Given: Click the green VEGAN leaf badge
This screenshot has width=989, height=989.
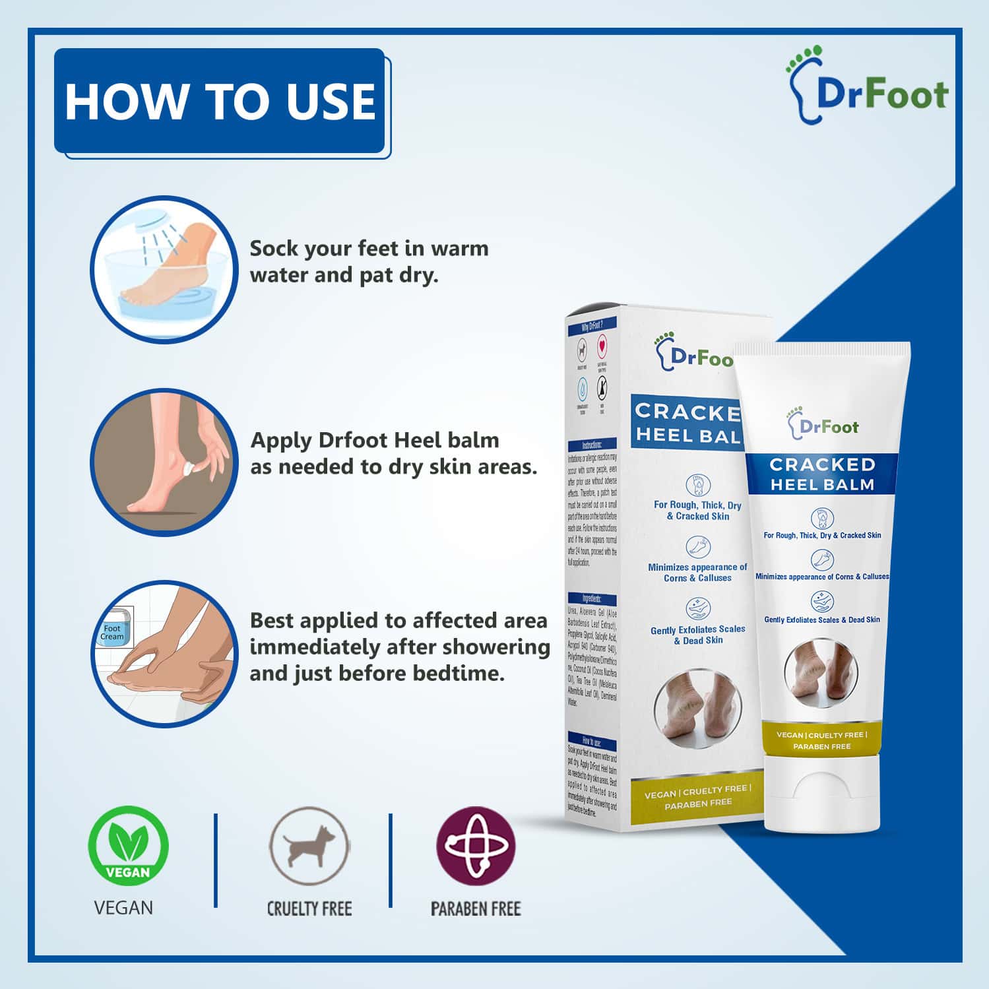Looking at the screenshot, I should pos(129,846).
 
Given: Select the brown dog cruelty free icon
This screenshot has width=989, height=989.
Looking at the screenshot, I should pos(309,845).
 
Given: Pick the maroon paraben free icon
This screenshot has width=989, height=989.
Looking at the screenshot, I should pos(476,845).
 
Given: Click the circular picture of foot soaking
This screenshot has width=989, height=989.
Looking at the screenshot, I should pos(164,269).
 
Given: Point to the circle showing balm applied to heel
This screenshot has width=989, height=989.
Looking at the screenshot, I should pos(164,462).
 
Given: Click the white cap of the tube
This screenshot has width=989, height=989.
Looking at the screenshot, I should pos(821,792).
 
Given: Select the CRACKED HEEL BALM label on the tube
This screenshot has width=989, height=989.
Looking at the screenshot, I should pos(822,474).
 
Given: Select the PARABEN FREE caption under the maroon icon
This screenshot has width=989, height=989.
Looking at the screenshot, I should pos(476,909).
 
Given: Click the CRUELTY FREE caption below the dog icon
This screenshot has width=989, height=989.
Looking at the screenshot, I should pos(309,909).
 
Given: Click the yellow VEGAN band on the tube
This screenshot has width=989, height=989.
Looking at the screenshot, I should pos(822,740).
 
